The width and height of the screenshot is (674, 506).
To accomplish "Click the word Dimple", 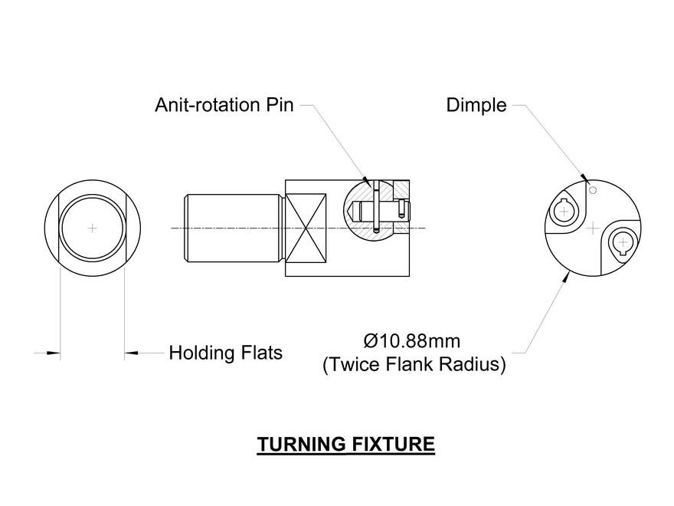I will click(476, 106).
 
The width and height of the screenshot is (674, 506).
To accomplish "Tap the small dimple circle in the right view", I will click(591, 189).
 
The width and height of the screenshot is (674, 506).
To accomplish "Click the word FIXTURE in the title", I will click(396, 445).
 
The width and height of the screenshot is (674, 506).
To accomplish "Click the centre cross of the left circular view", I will click(92, 228).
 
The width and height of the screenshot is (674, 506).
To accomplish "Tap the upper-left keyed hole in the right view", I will click(564, 208).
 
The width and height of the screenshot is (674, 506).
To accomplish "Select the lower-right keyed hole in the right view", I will click(621, 244).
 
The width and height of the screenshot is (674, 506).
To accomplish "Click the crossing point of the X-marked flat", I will click(306, 228).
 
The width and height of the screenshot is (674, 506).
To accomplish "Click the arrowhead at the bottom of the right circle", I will click(566, 279).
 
